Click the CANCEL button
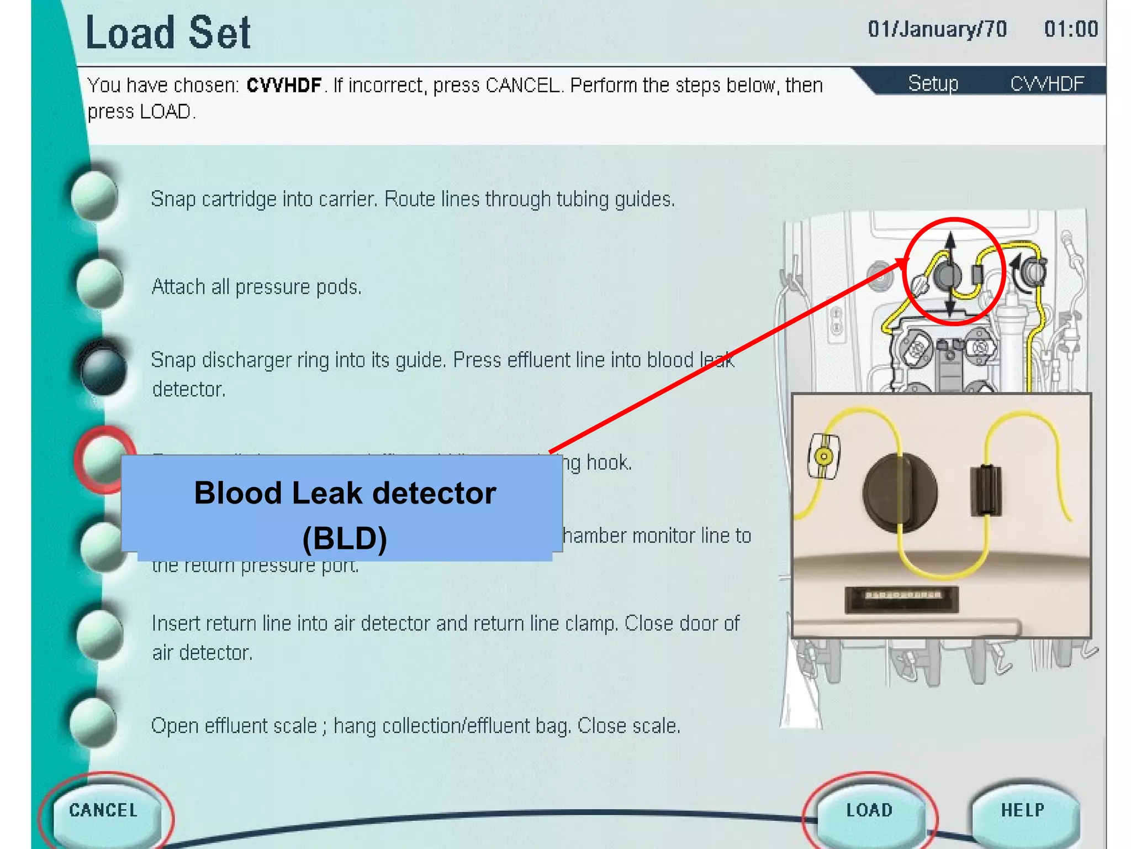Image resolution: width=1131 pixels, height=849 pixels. [x=103, y=810]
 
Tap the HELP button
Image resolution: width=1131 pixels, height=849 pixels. [x=1023, y=810]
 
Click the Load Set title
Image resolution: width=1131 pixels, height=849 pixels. [x=168, y=33]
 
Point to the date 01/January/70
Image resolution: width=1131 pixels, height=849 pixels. [x=937, y=29]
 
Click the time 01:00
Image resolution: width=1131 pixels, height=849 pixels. [x=1070, y=29]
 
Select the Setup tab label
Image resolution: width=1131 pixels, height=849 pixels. [x=933, y=83]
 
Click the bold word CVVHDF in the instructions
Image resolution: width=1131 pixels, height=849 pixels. [x=284, y=86]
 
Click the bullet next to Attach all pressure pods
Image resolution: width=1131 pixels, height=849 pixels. [x=99, y=284]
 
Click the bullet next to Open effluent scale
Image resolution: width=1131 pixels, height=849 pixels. [x=94, y=722]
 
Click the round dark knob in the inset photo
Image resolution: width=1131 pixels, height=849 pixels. [x=900, y=492]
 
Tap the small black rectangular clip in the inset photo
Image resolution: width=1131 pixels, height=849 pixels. [x=986, y=490]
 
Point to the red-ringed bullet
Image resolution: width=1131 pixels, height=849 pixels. [x=103, y=459]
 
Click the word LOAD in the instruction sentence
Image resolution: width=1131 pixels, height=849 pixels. [x=165, y=112]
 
